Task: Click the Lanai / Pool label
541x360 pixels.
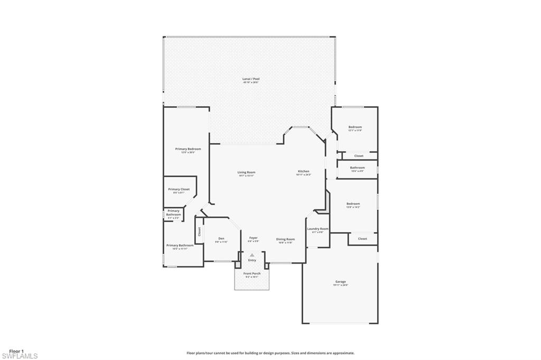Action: click(251, 79)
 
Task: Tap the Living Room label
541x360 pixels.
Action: click(246, 172)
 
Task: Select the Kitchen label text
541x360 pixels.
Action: click(303, 172)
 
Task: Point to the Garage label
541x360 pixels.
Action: click(340, 281)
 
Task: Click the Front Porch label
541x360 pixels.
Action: click(252, 273)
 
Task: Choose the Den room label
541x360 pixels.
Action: click(221, 238)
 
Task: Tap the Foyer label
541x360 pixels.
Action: click(253, 238)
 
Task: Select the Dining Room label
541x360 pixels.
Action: click(285, 239)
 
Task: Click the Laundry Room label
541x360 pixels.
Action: click(318, 229)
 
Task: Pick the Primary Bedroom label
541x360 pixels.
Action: click(188, 149)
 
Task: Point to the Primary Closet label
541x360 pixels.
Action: click(179, 189)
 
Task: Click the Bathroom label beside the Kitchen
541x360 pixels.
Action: click(357, 167)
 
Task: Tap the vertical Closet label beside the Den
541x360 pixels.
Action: click(199, 231)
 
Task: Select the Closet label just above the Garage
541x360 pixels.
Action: click(362, 239)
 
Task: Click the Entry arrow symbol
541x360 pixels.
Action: click(252, 255)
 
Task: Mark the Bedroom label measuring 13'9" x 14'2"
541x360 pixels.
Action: click(353, 204)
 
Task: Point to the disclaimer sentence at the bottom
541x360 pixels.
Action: click(270, 353)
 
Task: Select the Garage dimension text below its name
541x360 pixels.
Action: click(340, 285)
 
